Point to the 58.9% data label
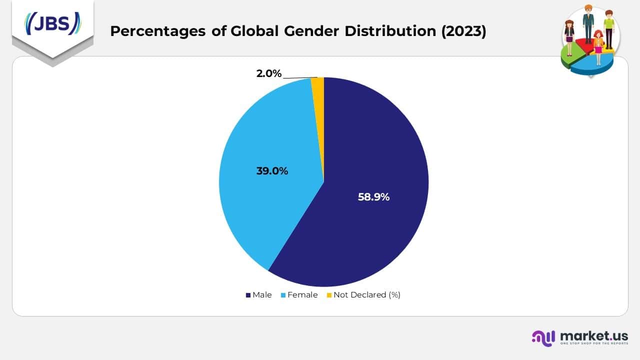click(373, 197)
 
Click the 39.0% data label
click(272, 171)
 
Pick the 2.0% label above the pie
click(269, 73)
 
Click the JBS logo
click(52, 23)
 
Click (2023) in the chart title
click(463, 31)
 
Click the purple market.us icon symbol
click(543, 337)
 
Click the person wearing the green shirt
click(608, 27)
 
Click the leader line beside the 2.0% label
click(300, 77)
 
